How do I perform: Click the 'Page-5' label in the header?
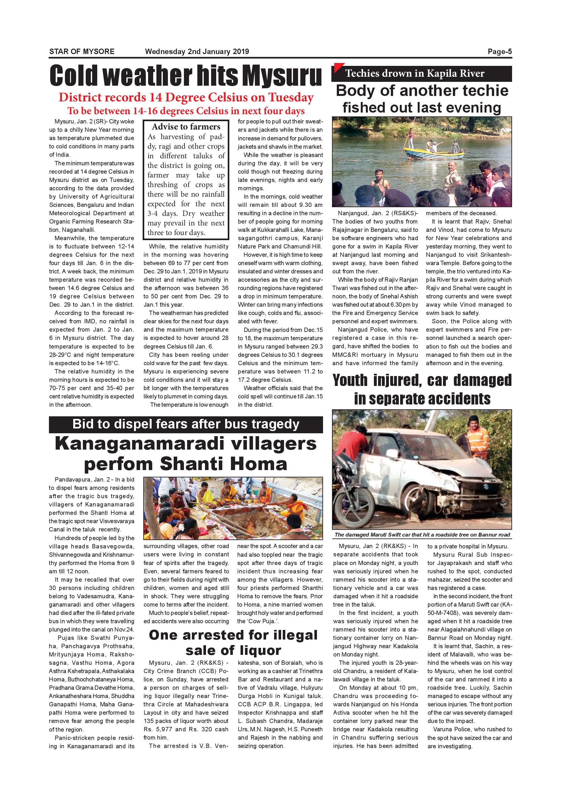(x=500, y=52)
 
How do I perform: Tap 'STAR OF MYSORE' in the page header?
(x=82, y=52)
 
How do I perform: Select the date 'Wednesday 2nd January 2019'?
(x=197, y=52)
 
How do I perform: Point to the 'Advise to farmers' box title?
(x=186, y=126)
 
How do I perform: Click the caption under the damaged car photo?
(x=422, y=535)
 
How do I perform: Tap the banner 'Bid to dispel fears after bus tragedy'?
(x=186, y=424)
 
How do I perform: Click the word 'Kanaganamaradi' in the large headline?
(x=139, y=444)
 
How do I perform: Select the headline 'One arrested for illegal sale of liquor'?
(x=233, y=642)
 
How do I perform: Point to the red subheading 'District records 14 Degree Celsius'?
(x=186, y=98)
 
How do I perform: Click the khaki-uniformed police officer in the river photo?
(x=452, y=174)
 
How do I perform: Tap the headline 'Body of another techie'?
(x=422, y=91)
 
